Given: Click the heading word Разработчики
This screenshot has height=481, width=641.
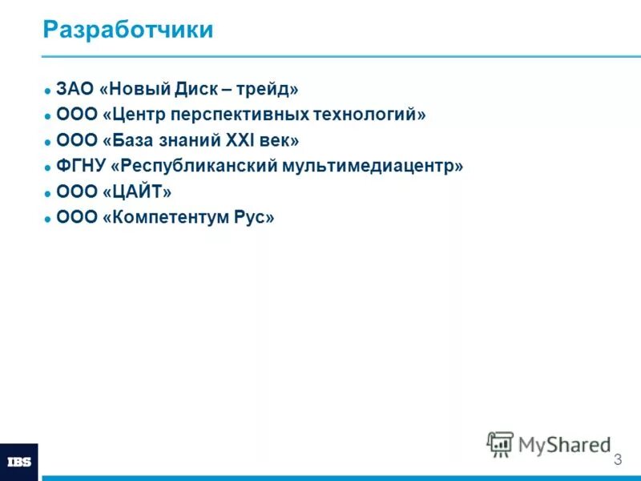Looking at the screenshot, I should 128,30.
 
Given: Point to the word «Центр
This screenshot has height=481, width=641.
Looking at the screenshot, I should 133,115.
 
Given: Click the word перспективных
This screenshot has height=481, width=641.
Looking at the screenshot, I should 241,115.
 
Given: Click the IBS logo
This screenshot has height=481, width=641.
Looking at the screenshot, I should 18,462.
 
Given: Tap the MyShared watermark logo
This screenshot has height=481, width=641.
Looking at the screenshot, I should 548,443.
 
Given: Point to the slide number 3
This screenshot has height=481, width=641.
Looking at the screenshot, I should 617,460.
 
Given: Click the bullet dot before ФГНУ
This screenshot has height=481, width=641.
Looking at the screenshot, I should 48,168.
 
